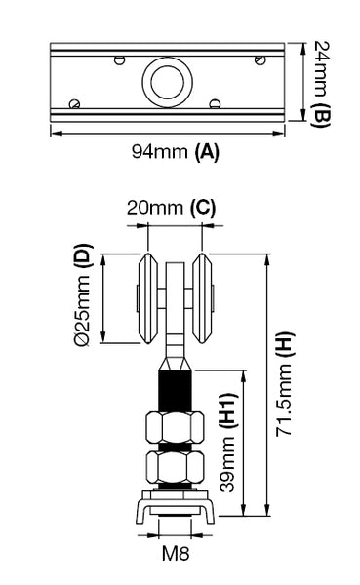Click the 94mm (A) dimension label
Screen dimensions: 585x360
pyautogui.click(x=175, y=152)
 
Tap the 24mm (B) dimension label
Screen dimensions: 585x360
pyautogui.click(x=324, y=85)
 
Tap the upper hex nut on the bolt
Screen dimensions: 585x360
pyautogui.click(x=174, y=426)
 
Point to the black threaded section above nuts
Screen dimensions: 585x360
pyautogui.click(x=175, y=389)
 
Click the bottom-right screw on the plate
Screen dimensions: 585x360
pyautogui.click(x=214, y=102)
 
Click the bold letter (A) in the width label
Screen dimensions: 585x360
pyautogui.click(x=207, y=152)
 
